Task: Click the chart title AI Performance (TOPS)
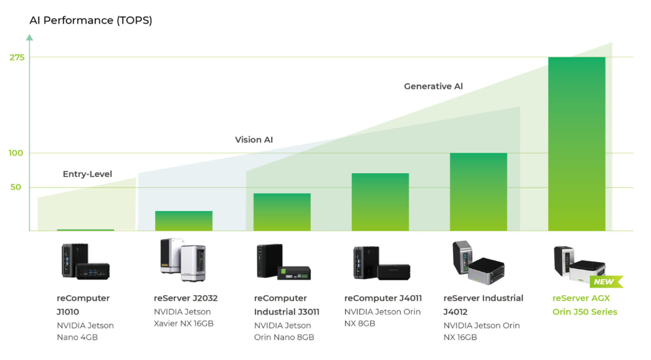point(91,21)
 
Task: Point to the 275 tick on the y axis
point(17,57)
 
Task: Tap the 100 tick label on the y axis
point(16,153)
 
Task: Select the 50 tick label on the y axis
point(16,187)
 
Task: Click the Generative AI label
point(434,87)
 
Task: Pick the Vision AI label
point(254,140)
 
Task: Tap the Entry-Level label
point(88,174)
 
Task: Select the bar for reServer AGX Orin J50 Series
point(577,144)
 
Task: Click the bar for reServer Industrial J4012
point(478,192)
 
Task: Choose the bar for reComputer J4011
point(380,202)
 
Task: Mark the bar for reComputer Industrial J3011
point(282,212)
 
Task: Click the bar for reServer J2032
point(184,221)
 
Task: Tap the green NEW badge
point(606,282)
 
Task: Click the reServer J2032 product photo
point(183,260)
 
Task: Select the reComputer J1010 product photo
point(85,261)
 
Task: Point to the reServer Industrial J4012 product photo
point(478,262)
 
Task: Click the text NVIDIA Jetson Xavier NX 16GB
point(184,318)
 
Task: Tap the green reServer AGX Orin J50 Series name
point(584,305)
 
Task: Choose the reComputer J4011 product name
point(383,298)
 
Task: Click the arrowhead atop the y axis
point(29,37)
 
